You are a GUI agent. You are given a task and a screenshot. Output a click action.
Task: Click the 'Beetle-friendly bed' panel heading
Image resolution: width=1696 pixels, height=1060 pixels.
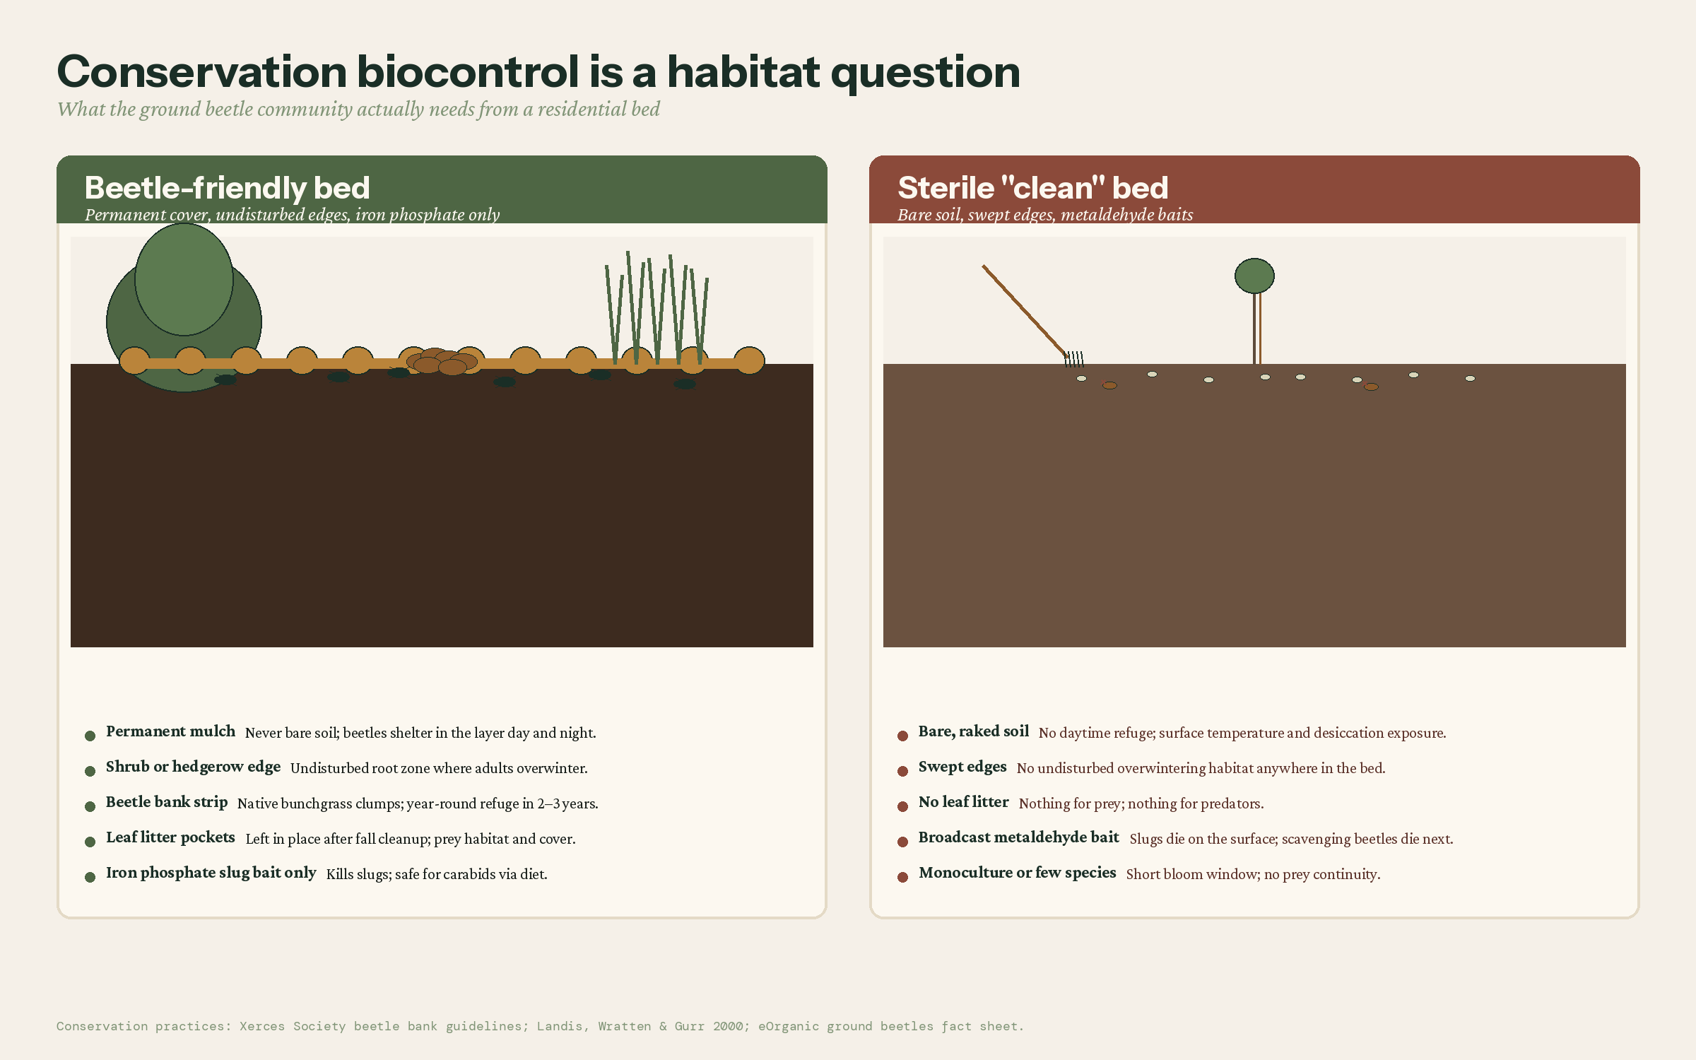click(x=227, y=188)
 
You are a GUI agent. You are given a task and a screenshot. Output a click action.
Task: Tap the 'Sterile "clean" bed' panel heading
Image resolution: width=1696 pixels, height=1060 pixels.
click(x=1032, y=188)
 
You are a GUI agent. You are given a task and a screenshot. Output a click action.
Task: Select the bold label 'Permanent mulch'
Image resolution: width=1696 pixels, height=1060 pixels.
click(x=170, y=731)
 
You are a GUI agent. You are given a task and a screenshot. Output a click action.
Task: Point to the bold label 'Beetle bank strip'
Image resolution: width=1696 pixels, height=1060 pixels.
click(x=167, y=802)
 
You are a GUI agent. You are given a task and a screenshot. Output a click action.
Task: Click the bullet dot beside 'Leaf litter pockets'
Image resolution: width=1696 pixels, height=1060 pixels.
click(x=90, y=842)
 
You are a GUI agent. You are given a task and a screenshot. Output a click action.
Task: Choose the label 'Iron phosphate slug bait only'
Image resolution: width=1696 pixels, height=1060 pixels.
click(x=211, y=873)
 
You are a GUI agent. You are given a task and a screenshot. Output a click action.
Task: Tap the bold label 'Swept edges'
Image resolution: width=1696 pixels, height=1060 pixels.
click(x=962, y=767)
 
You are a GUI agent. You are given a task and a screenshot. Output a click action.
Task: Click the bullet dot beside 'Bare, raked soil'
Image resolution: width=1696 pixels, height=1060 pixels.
click(x=902, y=736)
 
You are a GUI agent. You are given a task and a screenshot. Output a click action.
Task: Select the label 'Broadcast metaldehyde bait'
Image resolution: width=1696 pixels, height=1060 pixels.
click(x=1018, y=837)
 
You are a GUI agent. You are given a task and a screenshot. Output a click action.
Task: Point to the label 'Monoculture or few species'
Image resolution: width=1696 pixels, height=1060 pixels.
click(x=1017, y=873)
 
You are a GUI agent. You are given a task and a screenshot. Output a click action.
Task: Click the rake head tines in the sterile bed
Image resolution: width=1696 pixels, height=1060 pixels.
click(x=1074, y=359)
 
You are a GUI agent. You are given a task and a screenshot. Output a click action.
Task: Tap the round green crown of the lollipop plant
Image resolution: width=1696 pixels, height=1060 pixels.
click(x=1254, y=276)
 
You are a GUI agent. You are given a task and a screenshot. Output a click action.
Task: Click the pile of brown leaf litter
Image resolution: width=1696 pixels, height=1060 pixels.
click(x=442, y=361)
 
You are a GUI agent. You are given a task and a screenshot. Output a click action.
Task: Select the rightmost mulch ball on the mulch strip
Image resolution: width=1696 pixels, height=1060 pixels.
click(x=749, y=360)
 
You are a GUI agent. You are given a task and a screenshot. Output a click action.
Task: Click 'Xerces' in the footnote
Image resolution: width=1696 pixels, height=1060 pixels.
click(x=261, y=1026)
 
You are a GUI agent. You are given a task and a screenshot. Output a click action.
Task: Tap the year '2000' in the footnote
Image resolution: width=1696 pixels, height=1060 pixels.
click(x=727, y=1026)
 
